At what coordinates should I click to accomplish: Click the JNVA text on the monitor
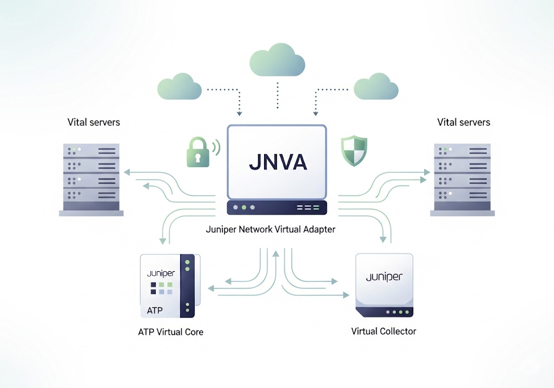(276, 162)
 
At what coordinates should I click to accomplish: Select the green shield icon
(354, 151)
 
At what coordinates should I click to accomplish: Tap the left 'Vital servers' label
(94, 122)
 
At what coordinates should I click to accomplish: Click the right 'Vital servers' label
(464, 122)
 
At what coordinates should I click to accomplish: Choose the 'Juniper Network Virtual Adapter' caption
(271, 229)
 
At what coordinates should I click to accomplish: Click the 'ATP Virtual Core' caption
(171, 332)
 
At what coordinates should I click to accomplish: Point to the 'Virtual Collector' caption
(384, 331)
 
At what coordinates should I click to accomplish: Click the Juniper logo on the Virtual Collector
(384, 277)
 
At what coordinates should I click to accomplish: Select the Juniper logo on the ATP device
(161, 274)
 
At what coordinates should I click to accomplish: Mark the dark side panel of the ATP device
(188, 287)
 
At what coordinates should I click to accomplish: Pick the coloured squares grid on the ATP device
(161, 288)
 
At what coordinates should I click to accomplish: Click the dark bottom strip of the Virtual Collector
(385, 312)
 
